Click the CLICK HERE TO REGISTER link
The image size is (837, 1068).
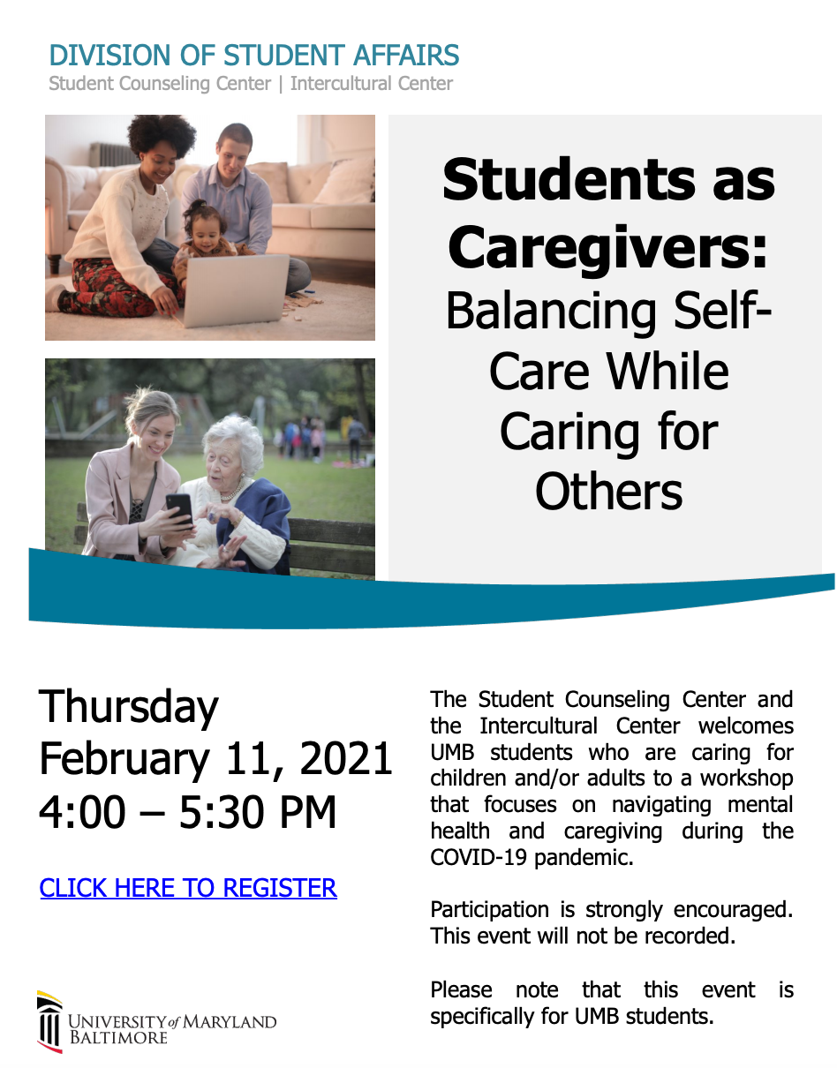188,888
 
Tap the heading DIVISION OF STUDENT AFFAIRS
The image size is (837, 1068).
254,55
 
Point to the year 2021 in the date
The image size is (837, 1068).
345,759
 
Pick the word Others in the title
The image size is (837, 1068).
608,492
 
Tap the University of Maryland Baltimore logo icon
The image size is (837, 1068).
49,1022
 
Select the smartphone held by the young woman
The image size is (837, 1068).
179,510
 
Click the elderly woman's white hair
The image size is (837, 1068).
235,437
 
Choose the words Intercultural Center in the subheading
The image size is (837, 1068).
371,84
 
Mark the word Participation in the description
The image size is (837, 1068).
489,910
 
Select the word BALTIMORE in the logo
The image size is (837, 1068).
118,1037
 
